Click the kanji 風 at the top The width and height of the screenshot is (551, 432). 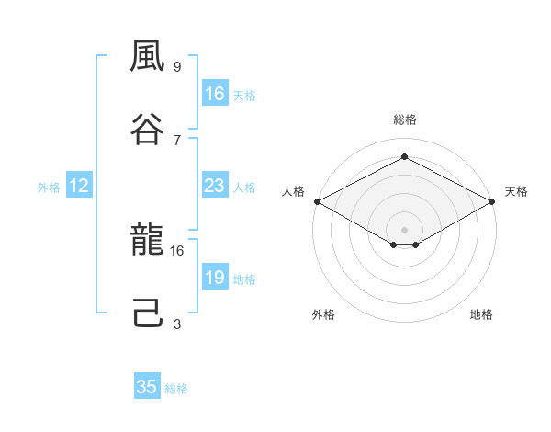point(147,56)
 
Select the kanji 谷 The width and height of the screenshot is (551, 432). point(147,129)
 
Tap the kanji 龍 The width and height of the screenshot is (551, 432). point(147,239)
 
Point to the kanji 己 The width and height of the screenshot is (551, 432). point(148,313)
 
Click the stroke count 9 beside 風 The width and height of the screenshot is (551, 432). point(177,66)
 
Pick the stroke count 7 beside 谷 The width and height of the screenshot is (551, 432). point(177,140)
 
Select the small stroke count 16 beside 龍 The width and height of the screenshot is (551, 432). point(176,251)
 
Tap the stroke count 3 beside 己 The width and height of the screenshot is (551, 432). point(177,324)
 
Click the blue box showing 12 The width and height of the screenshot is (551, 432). point(79,185)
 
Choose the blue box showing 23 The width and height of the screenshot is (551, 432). point(215,185)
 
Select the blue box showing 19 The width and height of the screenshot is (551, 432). point(215,276)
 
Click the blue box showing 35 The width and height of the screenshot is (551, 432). point(147,385)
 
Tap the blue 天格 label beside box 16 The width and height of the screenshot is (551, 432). point(244,96)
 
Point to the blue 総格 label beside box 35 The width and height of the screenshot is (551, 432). point(176,389)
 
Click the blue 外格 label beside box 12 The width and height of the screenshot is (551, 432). point(49,188)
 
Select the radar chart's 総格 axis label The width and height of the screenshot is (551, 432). point(405,119)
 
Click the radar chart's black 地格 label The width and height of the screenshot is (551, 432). point(481,314)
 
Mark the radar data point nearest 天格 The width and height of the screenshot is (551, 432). point(492,201)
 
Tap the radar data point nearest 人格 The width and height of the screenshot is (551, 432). point(318,201)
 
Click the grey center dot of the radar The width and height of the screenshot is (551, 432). point(404,230)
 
